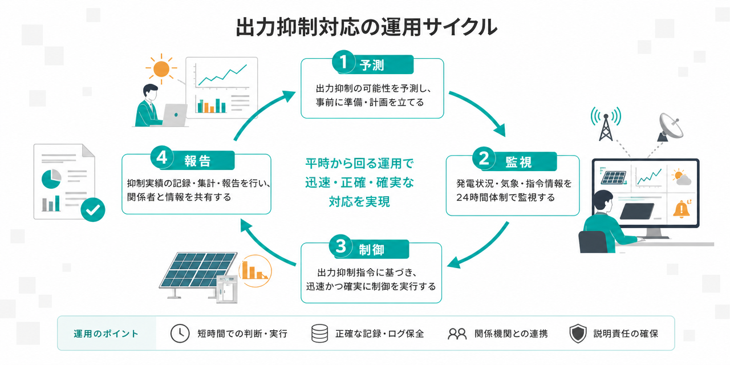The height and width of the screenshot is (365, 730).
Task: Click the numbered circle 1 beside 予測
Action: (343, 62)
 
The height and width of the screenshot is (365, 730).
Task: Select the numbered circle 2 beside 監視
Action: (484, 159)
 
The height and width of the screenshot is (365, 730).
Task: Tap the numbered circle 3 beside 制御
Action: (340, 246)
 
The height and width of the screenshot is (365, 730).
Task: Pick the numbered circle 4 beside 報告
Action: (162, 157)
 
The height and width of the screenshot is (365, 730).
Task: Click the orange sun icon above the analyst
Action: (161, 69)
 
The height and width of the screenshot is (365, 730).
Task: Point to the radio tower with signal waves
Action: (606, 124)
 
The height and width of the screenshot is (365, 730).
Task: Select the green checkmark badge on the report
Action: (93, 209)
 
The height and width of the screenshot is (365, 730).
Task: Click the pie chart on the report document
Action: (51, 179)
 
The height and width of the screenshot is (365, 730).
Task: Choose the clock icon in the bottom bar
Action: (180, 334)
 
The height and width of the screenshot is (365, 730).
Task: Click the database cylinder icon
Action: (319, 334)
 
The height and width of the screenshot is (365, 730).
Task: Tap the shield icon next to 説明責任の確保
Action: (578, 334)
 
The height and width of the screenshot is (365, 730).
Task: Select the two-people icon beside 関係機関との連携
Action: (457, 334)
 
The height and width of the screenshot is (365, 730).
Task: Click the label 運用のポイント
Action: (106, 334)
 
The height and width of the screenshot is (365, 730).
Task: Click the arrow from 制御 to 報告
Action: (264, 245)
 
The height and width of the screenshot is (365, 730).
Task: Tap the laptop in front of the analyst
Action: (175, 115)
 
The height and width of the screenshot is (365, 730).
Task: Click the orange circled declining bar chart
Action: (255, 271)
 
